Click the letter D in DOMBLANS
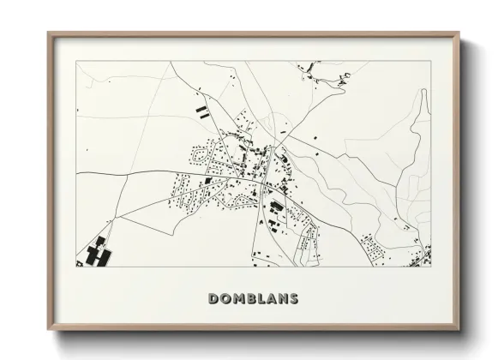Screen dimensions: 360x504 pyautogui.click(x=212, y=299)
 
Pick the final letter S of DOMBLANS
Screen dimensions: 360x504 pyautogui.click(x=293, y=299)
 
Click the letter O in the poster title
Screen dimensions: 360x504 pyautogui.click(x=224, y=299)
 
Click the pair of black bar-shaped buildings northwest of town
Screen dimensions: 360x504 pyautogui.click(x=201, y=111)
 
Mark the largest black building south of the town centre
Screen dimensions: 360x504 pyautogui.click(x=277, y=207)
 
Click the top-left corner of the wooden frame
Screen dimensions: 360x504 pyautogui.click(x=48, y=33)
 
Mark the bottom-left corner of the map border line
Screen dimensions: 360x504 pyautogui.click(x=77, y=267)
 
